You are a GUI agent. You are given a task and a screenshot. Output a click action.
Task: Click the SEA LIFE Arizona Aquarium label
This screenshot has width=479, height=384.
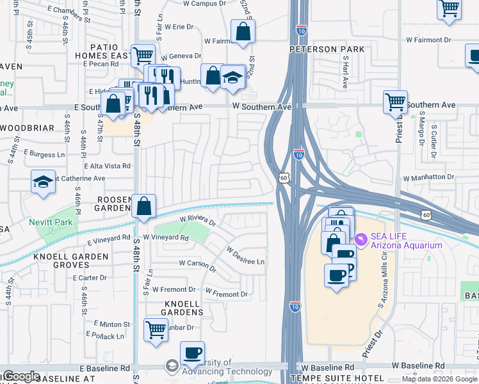pos(407,240)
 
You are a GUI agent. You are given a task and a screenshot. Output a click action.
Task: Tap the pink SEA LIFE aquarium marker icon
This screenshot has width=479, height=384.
pos(361,239)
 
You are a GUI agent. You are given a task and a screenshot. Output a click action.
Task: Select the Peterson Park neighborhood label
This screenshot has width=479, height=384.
pos(327,49)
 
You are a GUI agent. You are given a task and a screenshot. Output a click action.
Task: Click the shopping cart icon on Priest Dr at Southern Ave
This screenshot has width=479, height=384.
pos(395,101)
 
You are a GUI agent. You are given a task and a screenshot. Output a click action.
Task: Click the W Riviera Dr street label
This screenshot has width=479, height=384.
pos(197,221)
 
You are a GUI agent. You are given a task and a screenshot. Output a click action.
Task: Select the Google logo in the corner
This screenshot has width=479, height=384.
pos(21,376)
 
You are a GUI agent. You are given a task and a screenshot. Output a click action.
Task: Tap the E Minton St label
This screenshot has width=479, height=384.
pos(111,324)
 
